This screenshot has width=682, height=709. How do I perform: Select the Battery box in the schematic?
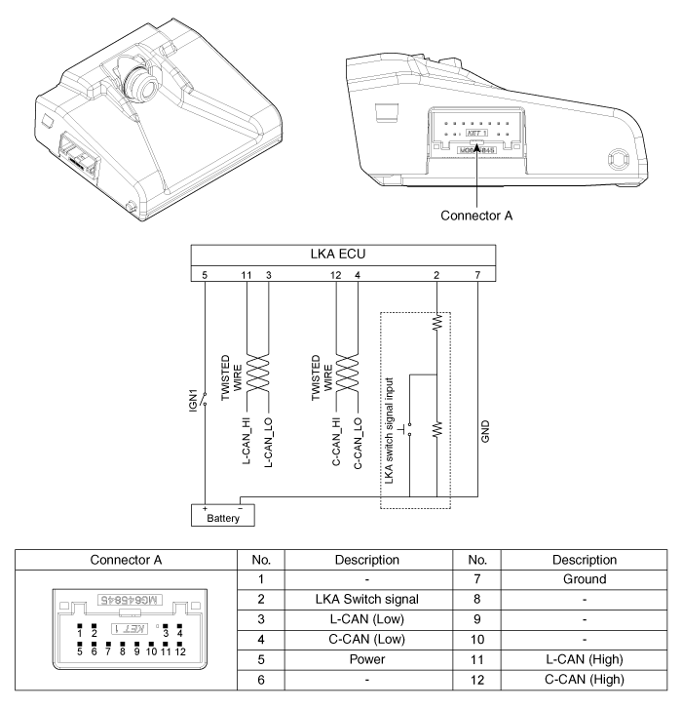(222, 514)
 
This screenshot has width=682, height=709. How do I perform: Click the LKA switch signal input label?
(390, 430)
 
